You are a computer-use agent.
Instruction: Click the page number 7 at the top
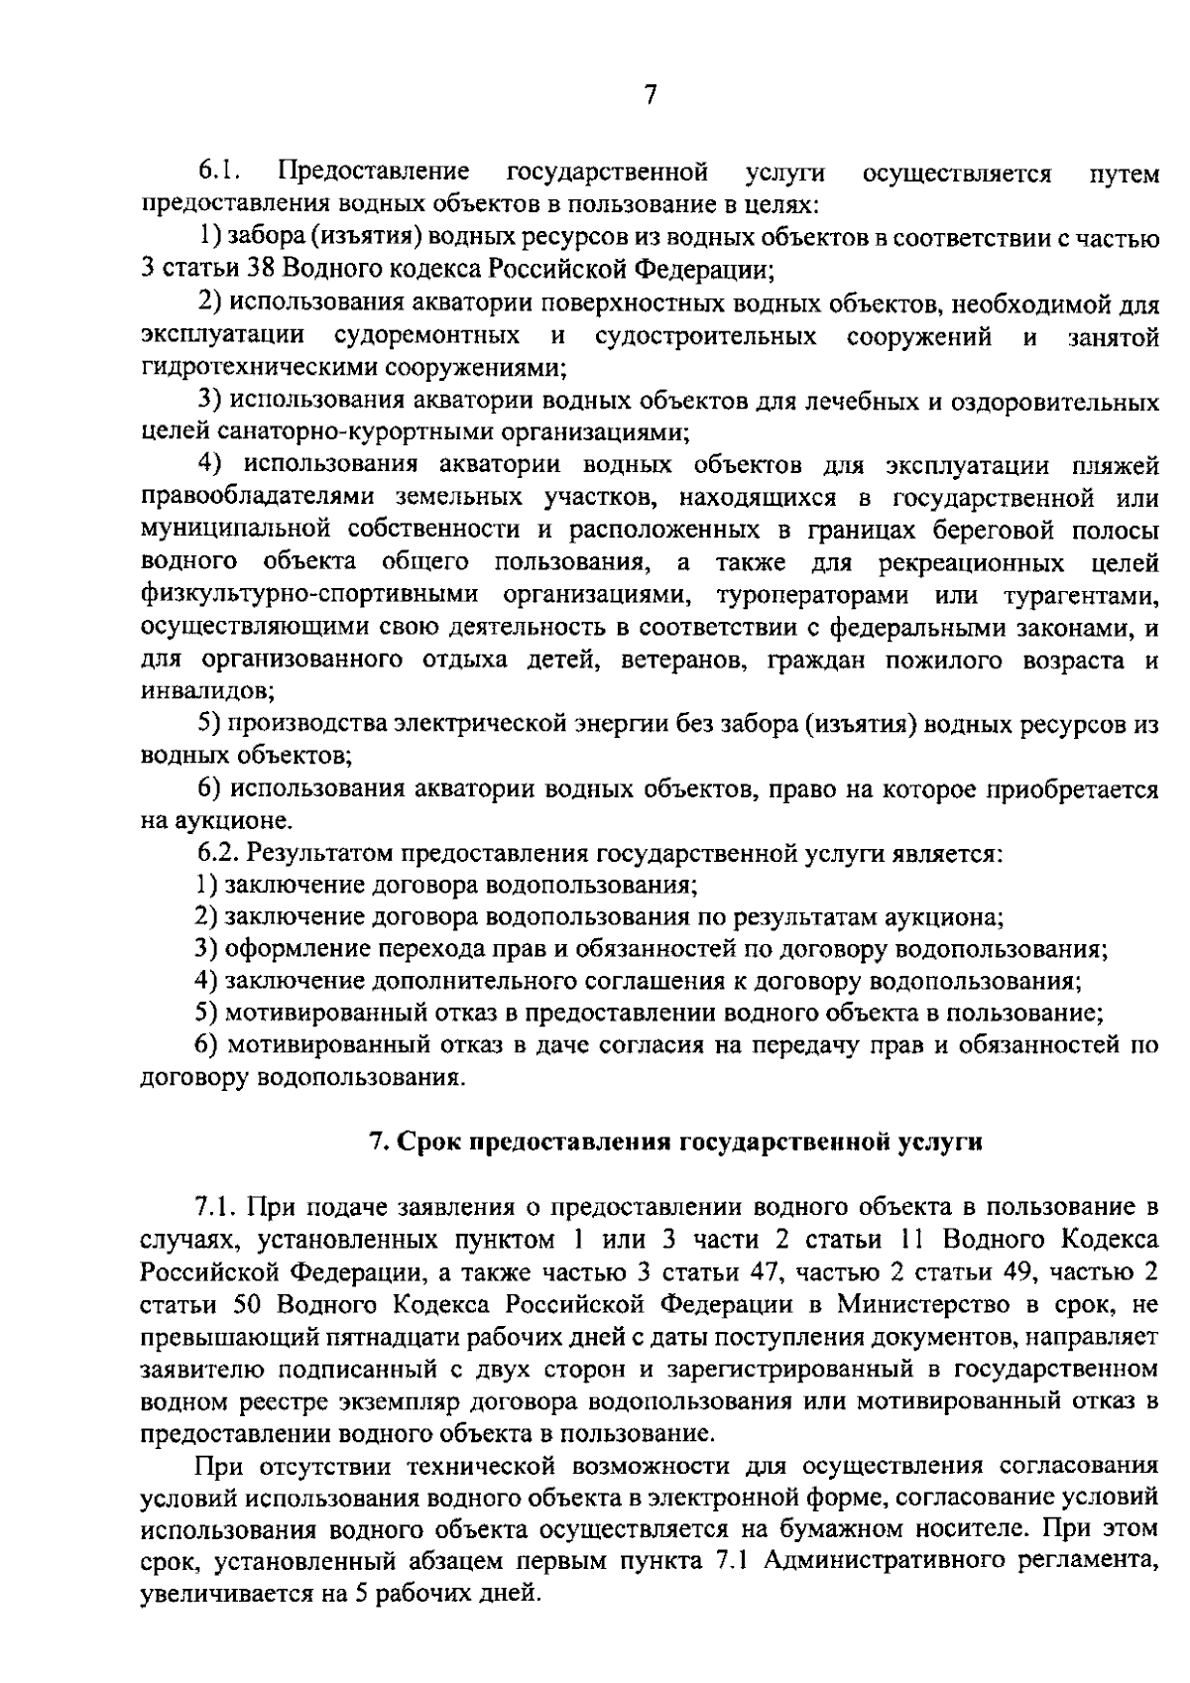click(650, 94)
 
